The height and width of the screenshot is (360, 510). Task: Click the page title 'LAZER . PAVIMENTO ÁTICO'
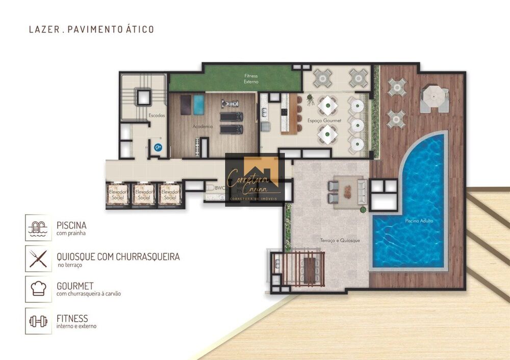point(91,29)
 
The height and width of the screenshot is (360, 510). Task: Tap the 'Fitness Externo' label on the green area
point(251,79)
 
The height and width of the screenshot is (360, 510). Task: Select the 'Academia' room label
point(202,126)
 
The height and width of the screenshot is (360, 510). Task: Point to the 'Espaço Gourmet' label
point(321,121)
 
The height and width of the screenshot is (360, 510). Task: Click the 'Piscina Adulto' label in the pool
point(419,221)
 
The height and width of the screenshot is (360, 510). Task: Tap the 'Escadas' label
point(157,116)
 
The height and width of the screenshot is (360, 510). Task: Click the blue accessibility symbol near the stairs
point(158,147)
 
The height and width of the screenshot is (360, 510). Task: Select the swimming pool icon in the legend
point(38,227)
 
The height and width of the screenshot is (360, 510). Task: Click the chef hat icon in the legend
point(38,289)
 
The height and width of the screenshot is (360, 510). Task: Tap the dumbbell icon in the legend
point(38,321)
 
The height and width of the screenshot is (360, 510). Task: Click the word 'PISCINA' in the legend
point(71,225)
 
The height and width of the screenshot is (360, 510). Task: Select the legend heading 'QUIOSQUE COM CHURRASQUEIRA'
point(118,256)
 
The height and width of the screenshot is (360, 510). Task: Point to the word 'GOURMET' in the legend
point(75,287)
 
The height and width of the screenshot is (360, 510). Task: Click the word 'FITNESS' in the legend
point(72,319)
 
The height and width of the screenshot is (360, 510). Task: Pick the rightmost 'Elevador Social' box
point(170,194)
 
